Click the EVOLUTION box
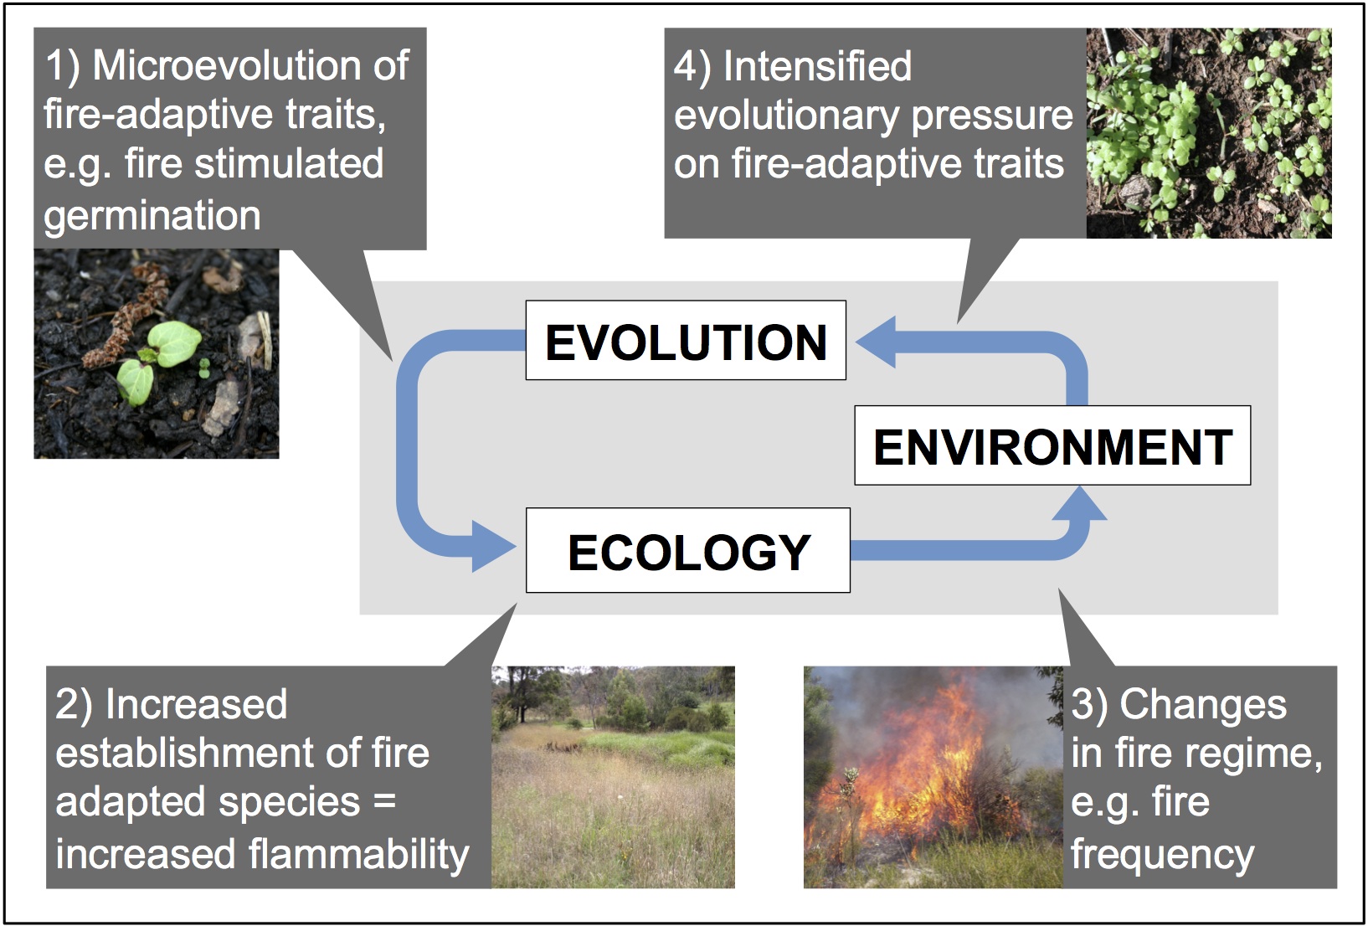[x=686, y=340]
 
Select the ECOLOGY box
[x=688, y=550]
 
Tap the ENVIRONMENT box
[x=1052, y=445]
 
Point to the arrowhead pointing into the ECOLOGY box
[x=493, y=546]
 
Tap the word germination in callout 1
[x=152, y=216]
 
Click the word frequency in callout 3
[x=1162, y=855]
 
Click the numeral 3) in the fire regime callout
[x=1090, y=706]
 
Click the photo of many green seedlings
[x=1209, y=132]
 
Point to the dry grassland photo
[x=613, y=777]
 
